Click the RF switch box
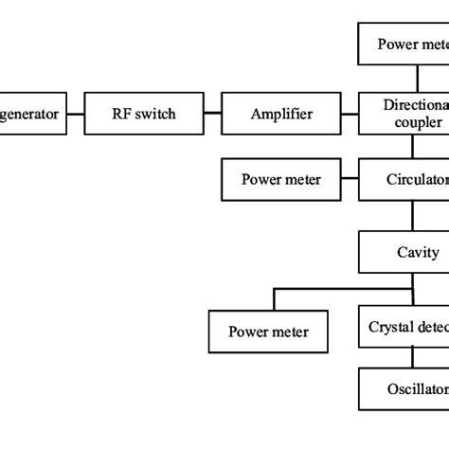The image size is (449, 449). coord(143,115)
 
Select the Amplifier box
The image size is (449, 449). coord(280,115)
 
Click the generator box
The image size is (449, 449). coord(33,115)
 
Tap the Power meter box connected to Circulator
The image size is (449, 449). coord(280,178)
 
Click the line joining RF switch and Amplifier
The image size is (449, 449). coord(211,115)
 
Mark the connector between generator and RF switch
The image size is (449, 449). coord(76,115)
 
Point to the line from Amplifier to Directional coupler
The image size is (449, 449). coord(350,115)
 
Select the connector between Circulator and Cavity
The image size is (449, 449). coord(411,215)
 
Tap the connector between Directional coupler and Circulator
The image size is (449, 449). coord(411,147)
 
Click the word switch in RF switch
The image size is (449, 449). coord(155,115)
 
